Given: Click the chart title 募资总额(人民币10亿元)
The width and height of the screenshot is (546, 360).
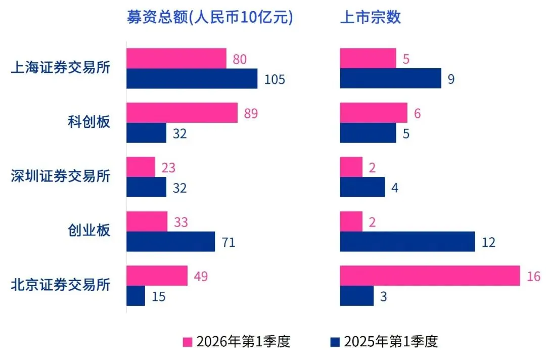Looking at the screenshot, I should click(209, 17).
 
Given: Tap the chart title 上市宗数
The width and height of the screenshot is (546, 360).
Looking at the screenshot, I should click(370, 17).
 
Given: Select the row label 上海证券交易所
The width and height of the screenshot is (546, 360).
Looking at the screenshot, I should click(60, 68).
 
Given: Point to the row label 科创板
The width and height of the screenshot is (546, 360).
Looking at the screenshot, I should click(88, 122).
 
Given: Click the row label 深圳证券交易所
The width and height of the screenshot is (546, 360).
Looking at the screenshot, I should click(60, 176).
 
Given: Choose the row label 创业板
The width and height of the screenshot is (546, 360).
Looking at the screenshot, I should click(88, 231).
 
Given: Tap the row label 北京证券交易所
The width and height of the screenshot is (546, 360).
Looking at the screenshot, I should click(60, 285).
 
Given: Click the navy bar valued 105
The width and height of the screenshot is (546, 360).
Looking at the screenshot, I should click(192, 79).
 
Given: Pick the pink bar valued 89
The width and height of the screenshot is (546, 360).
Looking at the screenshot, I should click(181, 113).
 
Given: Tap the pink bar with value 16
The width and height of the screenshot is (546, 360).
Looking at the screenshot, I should click(430, 276).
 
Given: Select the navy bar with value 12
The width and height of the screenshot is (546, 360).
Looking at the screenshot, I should click(407, 242).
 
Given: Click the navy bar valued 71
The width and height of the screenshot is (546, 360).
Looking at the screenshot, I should click(170, 242).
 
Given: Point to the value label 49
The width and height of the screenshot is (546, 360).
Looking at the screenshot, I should click(200, 276).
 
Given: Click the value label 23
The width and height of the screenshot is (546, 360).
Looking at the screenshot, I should click(168, 167).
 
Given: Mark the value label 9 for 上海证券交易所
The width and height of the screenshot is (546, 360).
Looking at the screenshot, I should click(451, 79).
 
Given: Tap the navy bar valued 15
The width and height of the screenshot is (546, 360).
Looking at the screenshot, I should click(135, 296).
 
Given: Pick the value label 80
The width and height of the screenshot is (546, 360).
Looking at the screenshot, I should click(239, 59).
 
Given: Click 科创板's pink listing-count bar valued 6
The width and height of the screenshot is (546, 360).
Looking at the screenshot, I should click(373, 113).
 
